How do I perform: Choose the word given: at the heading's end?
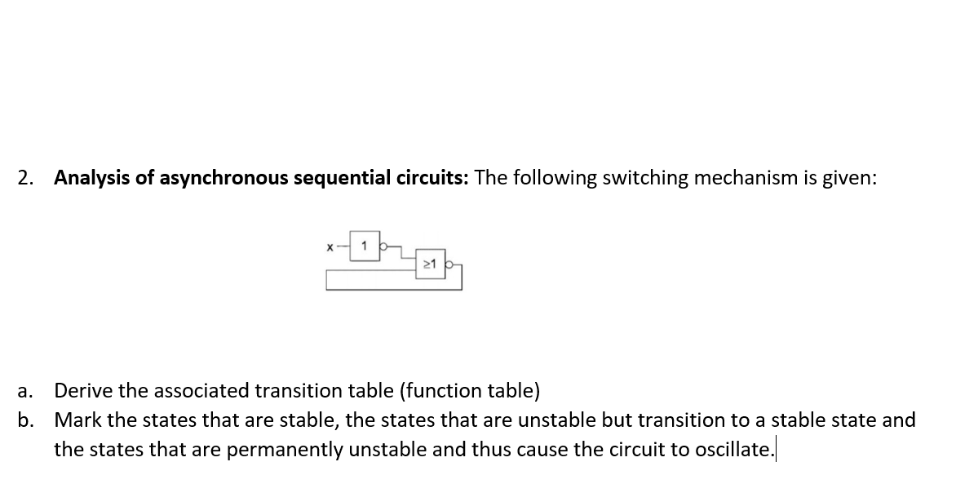click(x=848, y=178)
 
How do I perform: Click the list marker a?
click(x=23, y=391)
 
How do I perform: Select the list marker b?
click(x=24, y=420)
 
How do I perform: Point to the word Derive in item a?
click(x=80, y=391)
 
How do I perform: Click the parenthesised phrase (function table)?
click(x=469, y=391)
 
